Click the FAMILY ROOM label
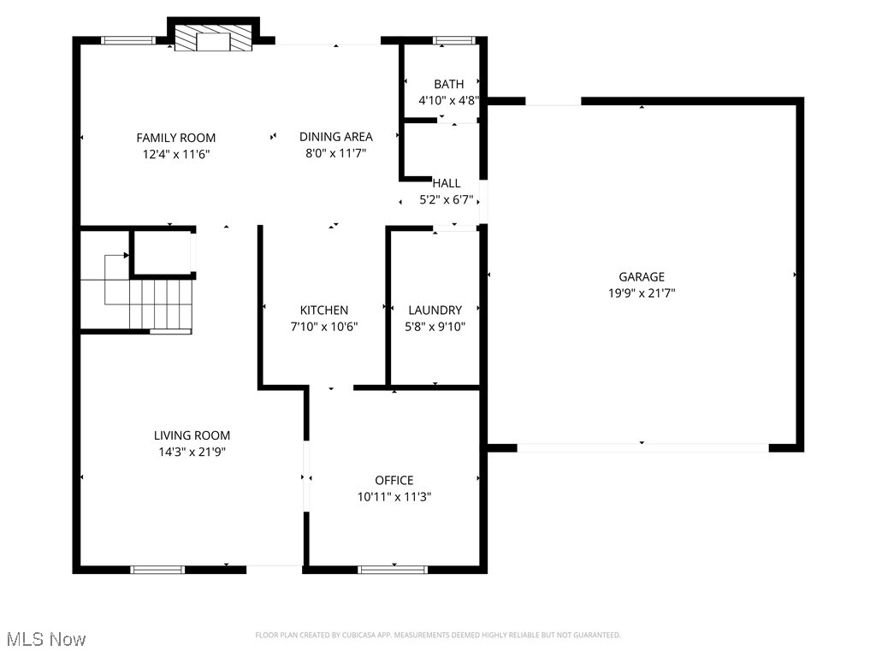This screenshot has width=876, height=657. point(175,138)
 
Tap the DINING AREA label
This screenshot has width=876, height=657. point(335,137)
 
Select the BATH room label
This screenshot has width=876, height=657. point(448,84)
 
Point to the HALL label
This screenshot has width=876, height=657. point(447,183)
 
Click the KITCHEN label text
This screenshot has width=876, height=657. point(323,311)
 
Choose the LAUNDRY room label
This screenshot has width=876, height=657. point(435,311)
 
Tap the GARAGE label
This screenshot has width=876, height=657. point(642,277)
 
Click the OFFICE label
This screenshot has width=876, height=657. point(394,481)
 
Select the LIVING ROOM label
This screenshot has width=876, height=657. point(192,435)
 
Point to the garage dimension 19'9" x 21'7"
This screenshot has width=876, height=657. point(642,293)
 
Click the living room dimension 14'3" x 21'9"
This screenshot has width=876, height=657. point(192,452)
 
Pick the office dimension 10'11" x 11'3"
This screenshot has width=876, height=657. point(394,496)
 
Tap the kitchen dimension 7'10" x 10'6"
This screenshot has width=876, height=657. point(323,326)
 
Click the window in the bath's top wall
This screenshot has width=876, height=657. point(453,39)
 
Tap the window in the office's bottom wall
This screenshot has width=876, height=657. point(393,569)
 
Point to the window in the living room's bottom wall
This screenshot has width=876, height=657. point(157,569)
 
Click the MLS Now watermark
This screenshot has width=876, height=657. point(46,639)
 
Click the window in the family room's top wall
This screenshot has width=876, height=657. point(128,39)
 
